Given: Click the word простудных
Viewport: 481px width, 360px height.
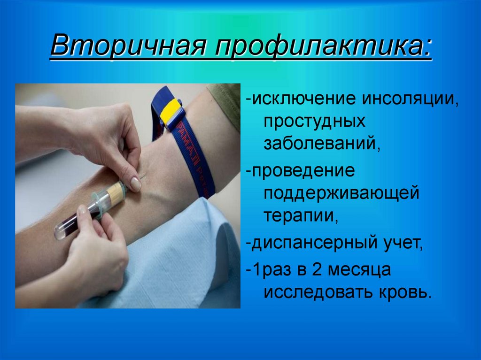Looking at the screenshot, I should coord(314,121).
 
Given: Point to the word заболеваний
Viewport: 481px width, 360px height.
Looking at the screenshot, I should coord(321,143).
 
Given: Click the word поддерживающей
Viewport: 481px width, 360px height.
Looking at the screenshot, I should coord(341,193).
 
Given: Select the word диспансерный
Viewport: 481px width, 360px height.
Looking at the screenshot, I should coord(310,243).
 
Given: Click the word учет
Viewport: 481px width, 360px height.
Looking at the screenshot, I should coord(400,243).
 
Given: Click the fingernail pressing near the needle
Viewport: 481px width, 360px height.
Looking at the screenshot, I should coord(135,184).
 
